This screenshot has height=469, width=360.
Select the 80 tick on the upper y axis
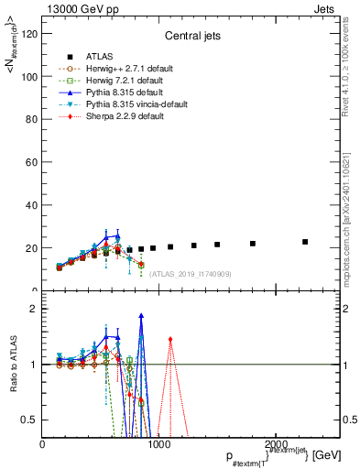point(32,119)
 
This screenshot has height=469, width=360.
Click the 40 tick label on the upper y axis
point(32,205)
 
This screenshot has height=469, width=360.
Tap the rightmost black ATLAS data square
point(305,242)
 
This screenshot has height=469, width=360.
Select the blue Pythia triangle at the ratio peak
point(141,315)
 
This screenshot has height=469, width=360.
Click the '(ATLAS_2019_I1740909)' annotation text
point(191,274)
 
